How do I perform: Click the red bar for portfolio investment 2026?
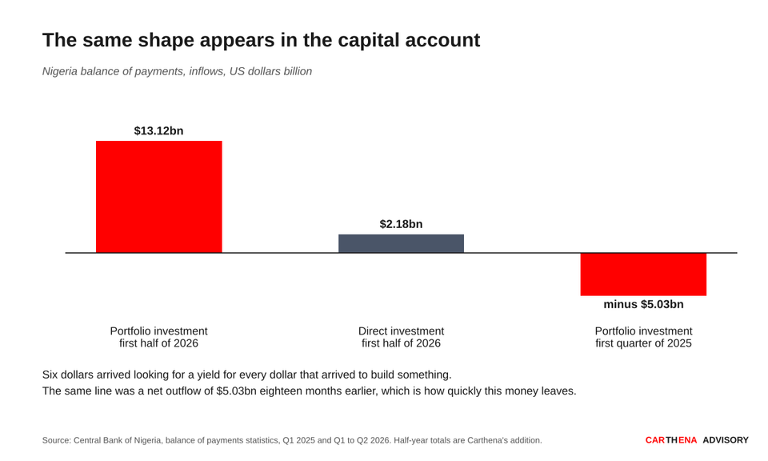(158, 197)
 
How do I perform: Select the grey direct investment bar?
(401, 243)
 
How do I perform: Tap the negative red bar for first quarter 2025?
(643, 275)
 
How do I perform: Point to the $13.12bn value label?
(158, 130)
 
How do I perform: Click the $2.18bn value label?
(401, 224)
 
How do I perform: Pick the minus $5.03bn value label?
(643, 304)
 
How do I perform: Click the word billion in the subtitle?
(298, 71)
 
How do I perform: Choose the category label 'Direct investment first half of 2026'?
(401, 337)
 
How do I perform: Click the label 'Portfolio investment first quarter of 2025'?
(643, 337)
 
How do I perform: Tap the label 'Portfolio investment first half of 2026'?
(158, 337)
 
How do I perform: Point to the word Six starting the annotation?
(50, 375)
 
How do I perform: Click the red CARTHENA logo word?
(671, 440)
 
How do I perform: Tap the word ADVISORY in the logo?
(726, 440)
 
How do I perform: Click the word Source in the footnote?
(55, 440)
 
